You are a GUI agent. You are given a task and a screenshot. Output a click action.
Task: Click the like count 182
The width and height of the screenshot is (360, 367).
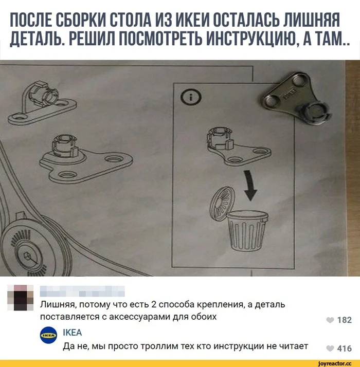(344, 320)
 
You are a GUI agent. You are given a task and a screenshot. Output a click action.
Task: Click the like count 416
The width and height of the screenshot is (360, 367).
(344, 348)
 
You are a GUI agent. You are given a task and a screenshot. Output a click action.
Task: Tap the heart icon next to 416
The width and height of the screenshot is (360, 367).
(330, 348)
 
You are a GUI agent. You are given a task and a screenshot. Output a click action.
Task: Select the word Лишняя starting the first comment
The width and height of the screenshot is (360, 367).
(56, 305)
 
